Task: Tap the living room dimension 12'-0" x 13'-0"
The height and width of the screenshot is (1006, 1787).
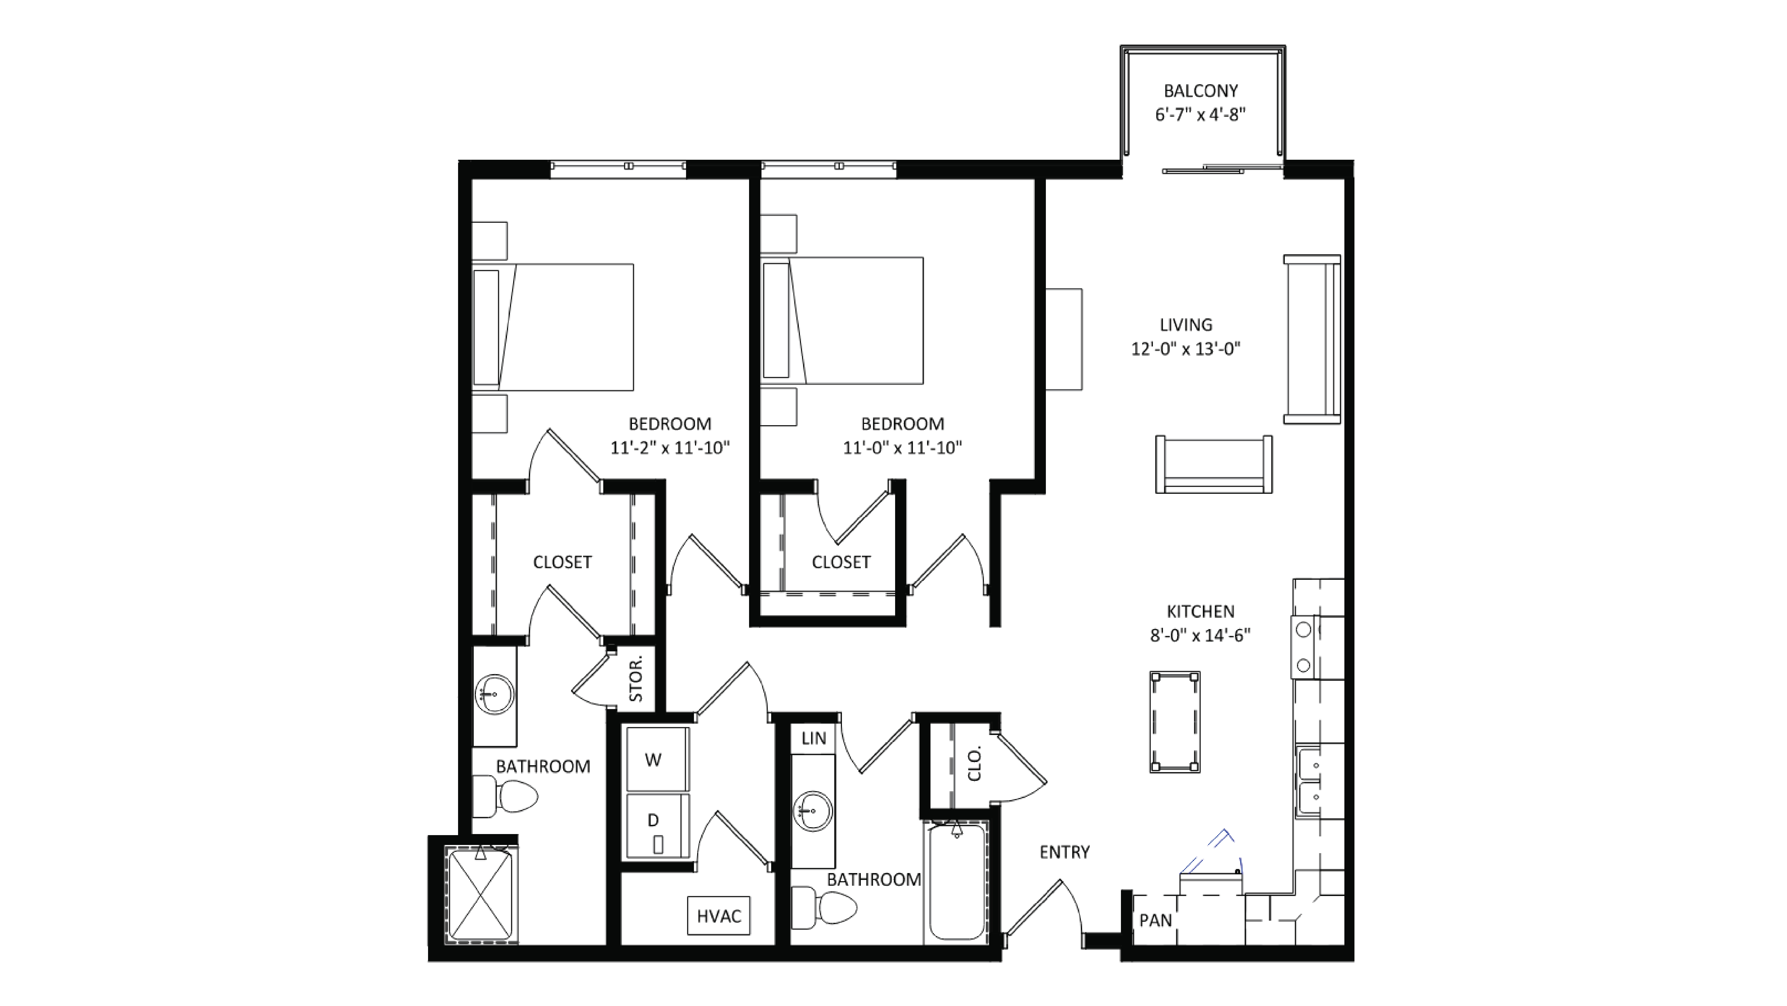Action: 1185,349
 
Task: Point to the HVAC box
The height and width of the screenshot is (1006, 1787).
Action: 719,916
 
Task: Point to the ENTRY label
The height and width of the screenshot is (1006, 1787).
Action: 1064,852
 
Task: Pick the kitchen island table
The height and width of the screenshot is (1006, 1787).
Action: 1175,721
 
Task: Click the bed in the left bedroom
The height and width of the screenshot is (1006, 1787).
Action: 553,327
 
